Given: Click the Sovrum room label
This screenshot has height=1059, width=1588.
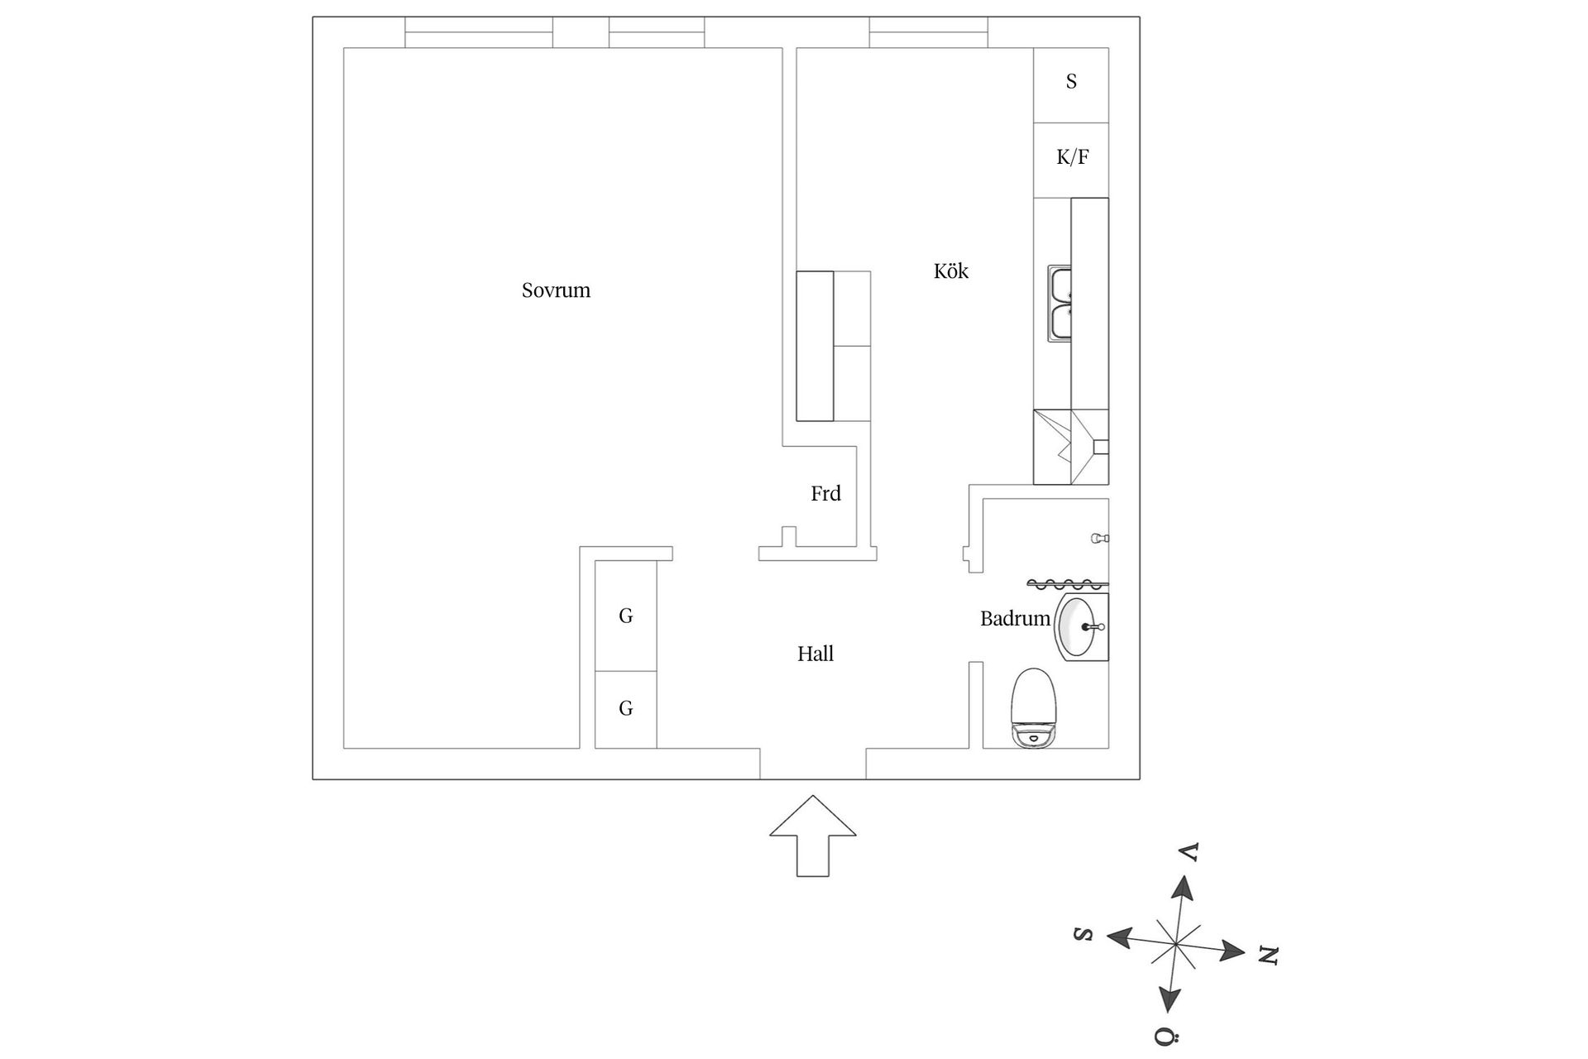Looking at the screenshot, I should [556, 290].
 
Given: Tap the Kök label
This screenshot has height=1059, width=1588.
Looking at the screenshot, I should [950, 271].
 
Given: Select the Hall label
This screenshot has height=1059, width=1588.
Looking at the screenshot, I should [815, 654].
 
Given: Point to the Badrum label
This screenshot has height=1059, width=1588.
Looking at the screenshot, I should [1015, 619].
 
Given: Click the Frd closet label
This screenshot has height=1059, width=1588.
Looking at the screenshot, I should [825, 494].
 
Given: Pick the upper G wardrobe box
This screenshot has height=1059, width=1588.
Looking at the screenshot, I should [626, 616].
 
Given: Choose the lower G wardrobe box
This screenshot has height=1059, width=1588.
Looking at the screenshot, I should [626, 709].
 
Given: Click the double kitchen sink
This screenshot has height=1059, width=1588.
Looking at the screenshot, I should [1059, 304].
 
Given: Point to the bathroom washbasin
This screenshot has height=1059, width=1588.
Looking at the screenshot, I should [1079, 626].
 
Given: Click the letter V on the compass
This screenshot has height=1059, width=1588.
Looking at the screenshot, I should [1189, 852].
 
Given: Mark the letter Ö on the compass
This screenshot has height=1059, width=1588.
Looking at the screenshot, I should [1165, 1037].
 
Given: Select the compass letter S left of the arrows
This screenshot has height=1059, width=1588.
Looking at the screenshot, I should [1083, 934].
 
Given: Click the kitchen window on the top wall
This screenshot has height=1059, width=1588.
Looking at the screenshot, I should [928, 32].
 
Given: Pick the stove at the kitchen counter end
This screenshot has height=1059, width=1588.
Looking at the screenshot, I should [1071, 447].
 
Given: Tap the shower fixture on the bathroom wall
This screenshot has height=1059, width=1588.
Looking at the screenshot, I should [1099, 539].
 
